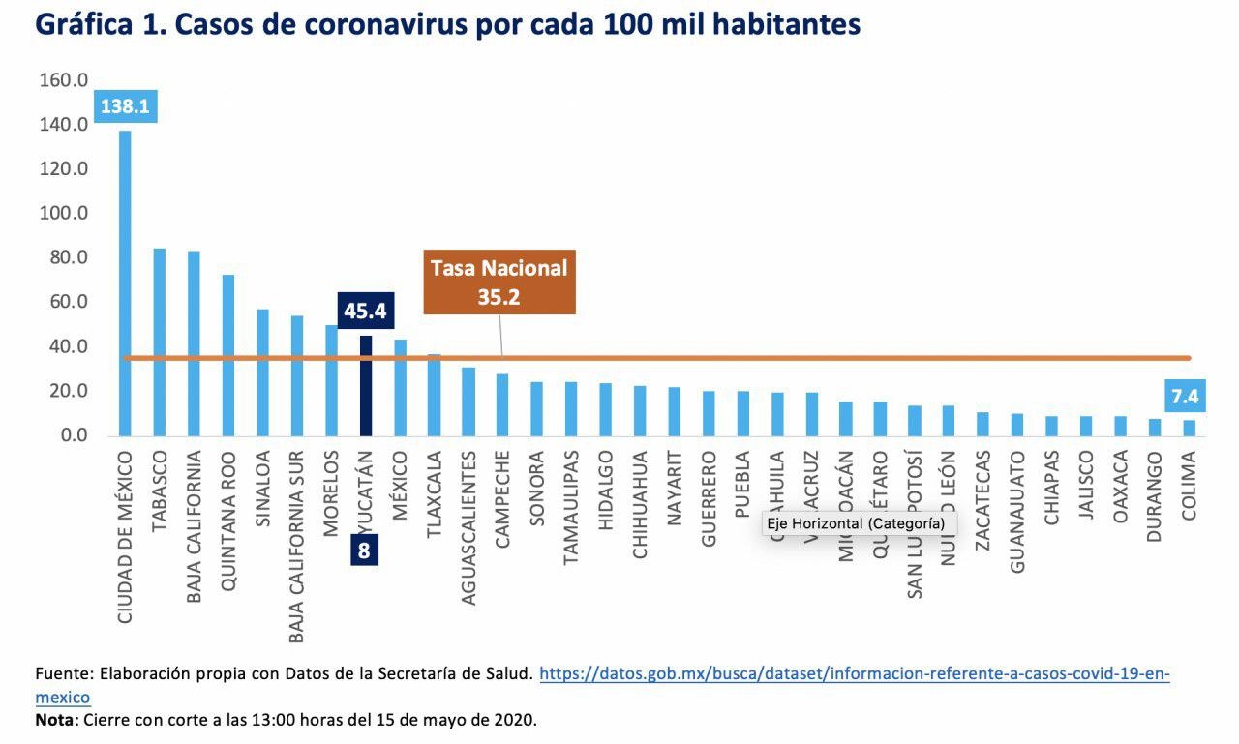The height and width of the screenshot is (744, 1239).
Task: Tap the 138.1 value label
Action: [x=125, y=106]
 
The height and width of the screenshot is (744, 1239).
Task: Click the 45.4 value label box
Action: [x=366, y=311]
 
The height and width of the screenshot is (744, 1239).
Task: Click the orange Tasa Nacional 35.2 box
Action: [x=499, y=283]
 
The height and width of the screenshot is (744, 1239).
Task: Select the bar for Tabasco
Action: [x=160, y=342]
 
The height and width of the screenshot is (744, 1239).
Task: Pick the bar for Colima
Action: [x=1189, y=428]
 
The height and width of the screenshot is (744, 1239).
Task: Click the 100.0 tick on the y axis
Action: [x=64, y=213]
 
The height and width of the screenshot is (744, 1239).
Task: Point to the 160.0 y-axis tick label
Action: [x=64, y=80]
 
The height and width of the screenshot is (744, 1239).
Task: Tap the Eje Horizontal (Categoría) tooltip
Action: [x=856, y=523]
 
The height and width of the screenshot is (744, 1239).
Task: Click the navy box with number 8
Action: [x=365, y=551]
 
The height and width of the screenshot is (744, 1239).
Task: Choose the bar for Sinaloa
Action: [x=262, y=372]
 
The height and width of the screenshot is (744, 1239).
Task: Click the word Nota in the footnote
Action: [x=53, y=721]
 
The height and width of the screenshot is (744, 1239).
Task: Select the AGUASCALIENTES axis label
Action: [x=468, y=527]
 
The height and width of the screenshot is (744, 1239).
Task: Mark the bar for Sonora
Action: [x=536, y=408]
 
